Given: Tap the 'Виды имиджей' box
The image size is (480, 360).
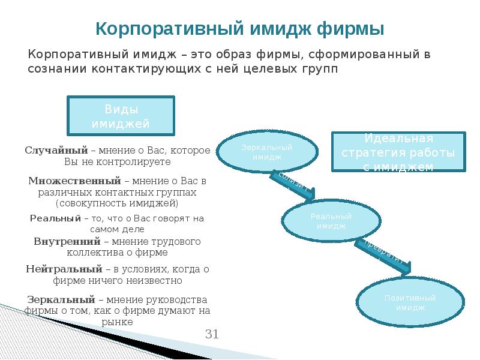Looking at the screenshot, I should (121, 116).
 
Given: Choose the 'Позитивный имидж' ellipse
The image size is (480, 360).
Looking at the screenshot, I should (410, 302).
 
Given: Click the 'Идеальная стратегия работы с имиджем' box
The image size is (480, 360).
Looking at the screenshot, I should (398, 152).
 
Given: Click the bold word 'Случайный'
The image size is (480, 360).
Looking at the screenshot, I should (56, 150).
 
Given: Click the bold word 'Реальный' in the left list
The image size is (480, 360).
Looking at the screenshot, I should (55, 218).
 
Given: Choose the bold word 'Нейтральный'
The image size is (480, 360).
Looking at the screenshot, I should (64, 269).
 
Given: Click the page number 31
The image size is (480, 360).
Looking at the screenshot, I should (212, 334).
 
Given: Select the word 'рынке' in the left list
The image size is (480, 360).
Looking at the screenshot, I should (118, 322).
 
